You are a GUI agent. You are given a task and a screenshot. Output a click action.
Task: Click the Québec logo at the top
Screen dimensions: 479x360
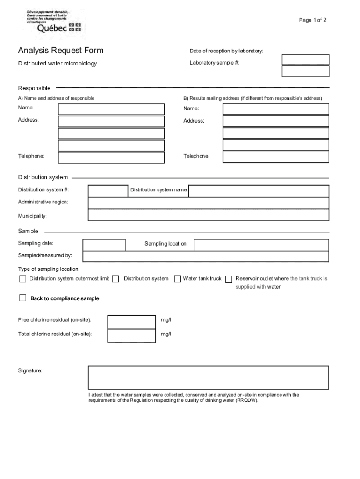(54, 22)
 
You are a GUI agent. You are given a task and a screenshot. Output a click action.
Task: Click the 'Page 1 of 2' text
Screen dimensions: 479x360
(313, 20)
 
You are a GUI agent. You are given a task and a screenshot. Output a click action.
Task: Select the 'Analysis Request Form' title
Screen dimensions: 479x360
(61, 51)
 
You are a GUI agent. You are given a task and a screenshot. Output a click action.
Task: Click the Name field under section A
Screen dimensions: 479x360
(111, 109)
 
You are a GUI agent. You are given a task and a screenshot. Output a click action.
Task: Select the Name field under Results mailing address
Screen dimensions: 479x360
(276, 109)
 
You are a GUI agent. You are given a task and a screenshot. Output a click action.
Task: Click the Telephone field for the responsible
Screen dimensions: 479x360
(111, 158)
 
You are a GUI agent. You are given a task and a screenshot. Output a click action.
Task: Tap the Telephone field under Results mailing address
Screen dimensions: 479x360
(276, 158)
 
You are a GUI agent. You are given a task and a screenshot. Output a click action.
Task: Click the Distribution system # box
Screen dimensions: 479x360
(108, 191)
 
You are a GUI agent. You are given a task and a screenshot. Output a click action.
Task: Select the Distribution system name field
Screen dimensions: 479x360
(259, 191)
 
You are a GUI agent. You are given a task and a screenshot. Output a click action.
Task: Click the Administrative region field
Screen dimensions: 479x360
(208, 203)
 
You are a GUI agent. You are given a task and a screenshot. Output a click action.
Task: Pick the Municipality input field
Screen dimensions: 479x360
(208, 215)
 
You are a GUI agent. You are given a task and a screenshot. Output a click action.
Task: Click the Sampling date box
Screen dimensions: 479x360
(104, 245)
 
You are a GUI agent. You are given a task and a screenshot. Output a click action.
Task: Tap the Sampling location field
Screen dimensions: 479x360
(261, 245)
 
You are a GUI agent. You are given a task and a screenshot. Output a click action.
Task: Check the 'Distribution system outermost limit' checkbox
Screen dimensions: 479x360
(22, 279)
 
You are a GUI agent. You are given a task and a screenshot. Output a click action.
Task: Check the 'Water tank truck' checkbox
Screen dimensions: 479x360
(178, 279)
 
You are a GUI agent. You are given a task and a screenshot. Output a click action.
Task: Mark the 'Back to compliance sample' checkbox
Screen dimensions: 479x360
(22, 298)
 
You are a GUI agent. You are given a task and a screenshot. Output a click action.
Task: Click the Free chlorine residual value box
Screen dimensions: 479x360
(131, 322)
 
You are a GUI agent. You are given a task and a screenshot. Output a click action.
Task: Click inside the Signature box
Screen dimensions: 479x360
(208, 377)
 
